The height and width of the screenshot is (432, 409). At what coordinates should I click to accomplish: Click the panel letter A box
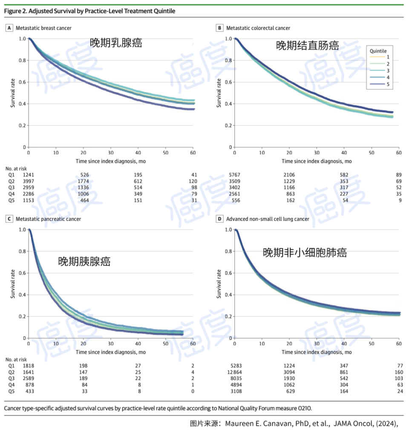[x=9, y=28]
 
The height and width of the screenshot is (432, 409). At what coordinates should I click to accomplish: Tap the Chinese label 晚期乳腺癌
[x=116, y=43]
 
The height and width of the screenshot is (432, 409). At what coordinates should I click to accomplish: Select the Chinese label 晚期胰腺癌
[x=84, y=261]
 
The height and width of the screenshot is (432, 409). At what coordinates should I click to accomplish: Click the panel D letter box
[x=219, y=219]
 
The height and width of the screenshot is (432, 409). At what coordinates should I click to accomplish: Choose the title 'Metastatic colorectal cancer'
[x=258, y=28]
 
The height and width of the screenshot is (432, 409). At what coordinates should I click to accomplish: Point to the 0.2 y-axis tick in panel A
[x=21, y=125]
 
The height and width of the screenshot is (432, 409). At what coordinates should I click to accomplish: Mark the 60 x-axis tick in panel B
[x=398, y=152]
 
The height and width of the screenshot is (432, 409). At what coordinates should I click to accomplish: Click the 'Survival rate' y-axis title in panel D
[x=219, y=284]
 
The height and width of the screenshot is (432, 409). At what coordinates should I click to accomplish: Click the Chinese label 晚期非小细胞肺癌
[x=304, y=252]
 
